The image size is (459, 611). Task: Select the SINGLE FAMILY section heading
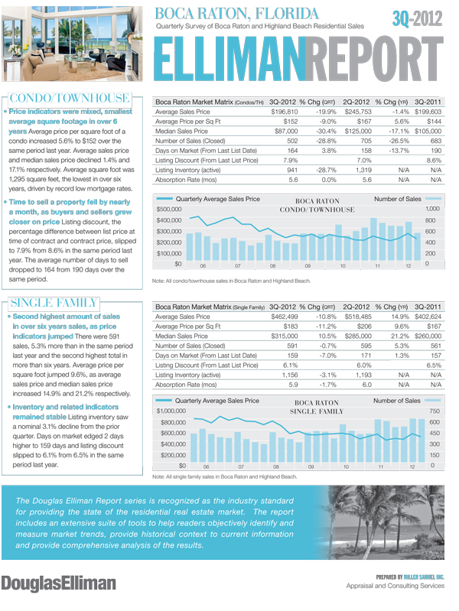(x=54, y=301)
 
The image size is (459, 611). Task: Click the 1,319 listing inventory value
(x=358, y=170)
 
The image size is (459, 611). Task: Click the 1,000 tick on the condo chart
(x=432, y=208)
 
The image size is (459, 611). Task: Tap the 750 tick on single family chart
(x=435, y=411)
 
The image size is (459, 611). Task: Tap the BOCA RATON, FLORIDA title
(x=236, y=14)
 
